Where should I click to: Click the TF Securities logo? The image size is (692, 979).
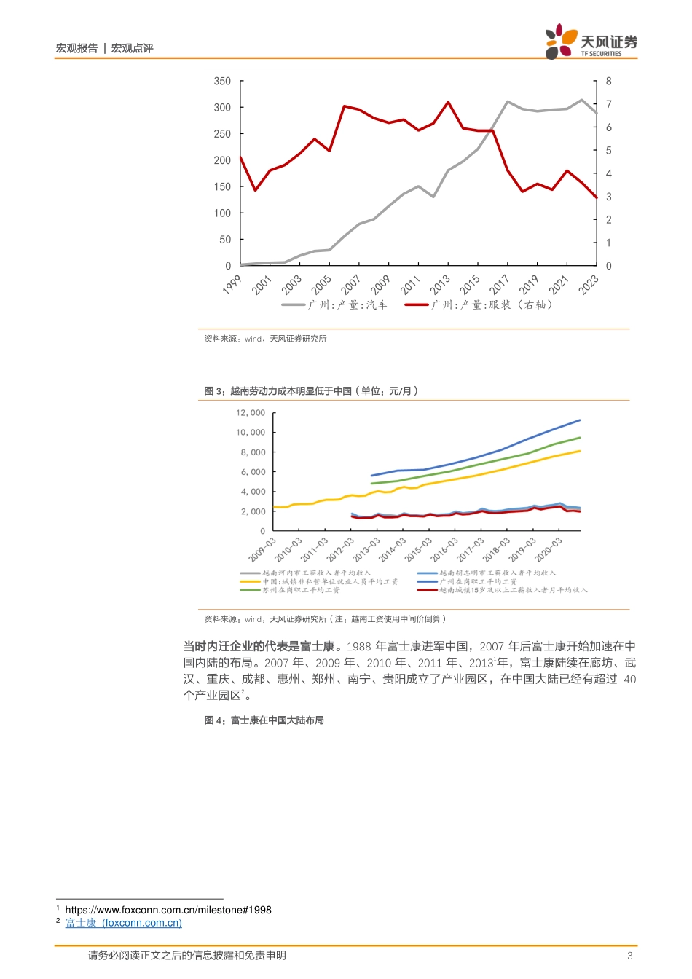coord(591,42)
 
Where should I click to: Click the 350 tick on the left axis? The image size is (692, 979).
coord(222,81)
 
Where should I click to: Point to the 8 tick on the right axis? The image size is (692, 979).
coord(609,81)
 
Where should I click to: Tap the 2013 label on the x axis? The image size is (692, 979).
coord(439,284)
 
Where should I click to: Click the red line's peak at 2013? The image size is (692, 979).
coord(448,102)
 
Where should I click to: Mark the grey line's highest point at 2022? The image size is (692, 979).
coord(581,100)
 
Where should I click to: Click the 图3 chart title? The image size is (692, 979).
coord(311,391)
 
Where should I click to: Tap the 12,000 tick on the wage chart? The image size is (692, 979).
coord(251,413)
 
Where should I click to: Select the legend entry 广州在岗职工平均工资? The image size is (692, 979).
coord(478,581)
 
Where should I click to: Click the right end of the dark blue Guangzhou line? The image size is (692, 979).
coord(580,420)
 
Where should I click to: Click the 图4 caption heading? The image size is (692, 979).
coord(264,720)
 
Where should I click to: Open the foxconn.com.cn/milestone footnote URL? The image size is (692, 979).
coord(168,910)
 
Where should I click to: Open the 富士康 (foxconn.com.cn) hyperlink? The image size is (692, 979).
coord(123,923)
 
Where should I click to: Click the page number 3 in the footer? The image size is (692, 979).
coord(630,956)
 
